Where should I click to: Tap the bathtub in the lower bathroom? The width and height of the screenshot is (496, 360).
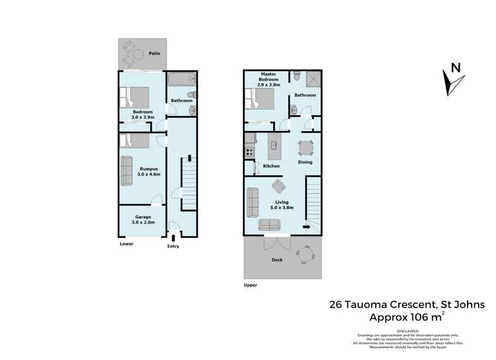179,80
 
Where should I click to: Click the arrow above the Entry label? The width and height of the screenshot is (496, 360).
173,237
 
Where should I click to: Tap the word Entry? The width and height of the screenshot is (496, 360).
173,246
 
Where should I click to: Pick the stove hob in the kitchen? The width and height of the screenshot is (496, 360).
250,151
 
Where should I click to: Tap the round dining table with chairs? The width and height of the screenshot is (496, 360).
305,148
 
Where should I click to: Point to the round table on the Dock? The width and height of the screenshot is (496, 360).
305,253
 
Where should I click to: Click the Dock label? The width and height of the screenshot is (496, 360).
277,260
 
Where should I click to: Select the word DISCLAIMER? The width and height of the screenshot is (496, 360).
409,330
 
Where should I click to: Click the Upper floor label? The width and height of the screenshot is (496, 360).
250,285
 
